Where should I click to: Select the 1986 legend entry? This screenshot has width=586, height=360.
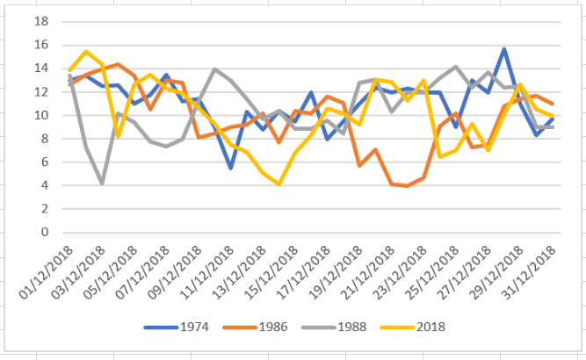pos(273,327)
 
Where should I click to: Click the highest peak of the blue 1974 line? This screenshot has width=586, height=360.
pos(504,49)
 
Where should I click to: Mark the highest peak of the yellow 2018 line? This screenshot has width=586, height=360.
pos(86,52)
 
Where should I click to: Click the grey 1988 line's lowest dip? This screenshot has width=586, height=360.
pos(103,183)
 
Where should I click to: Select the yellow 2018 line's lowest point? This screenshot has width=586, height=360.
pos(279,184)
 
